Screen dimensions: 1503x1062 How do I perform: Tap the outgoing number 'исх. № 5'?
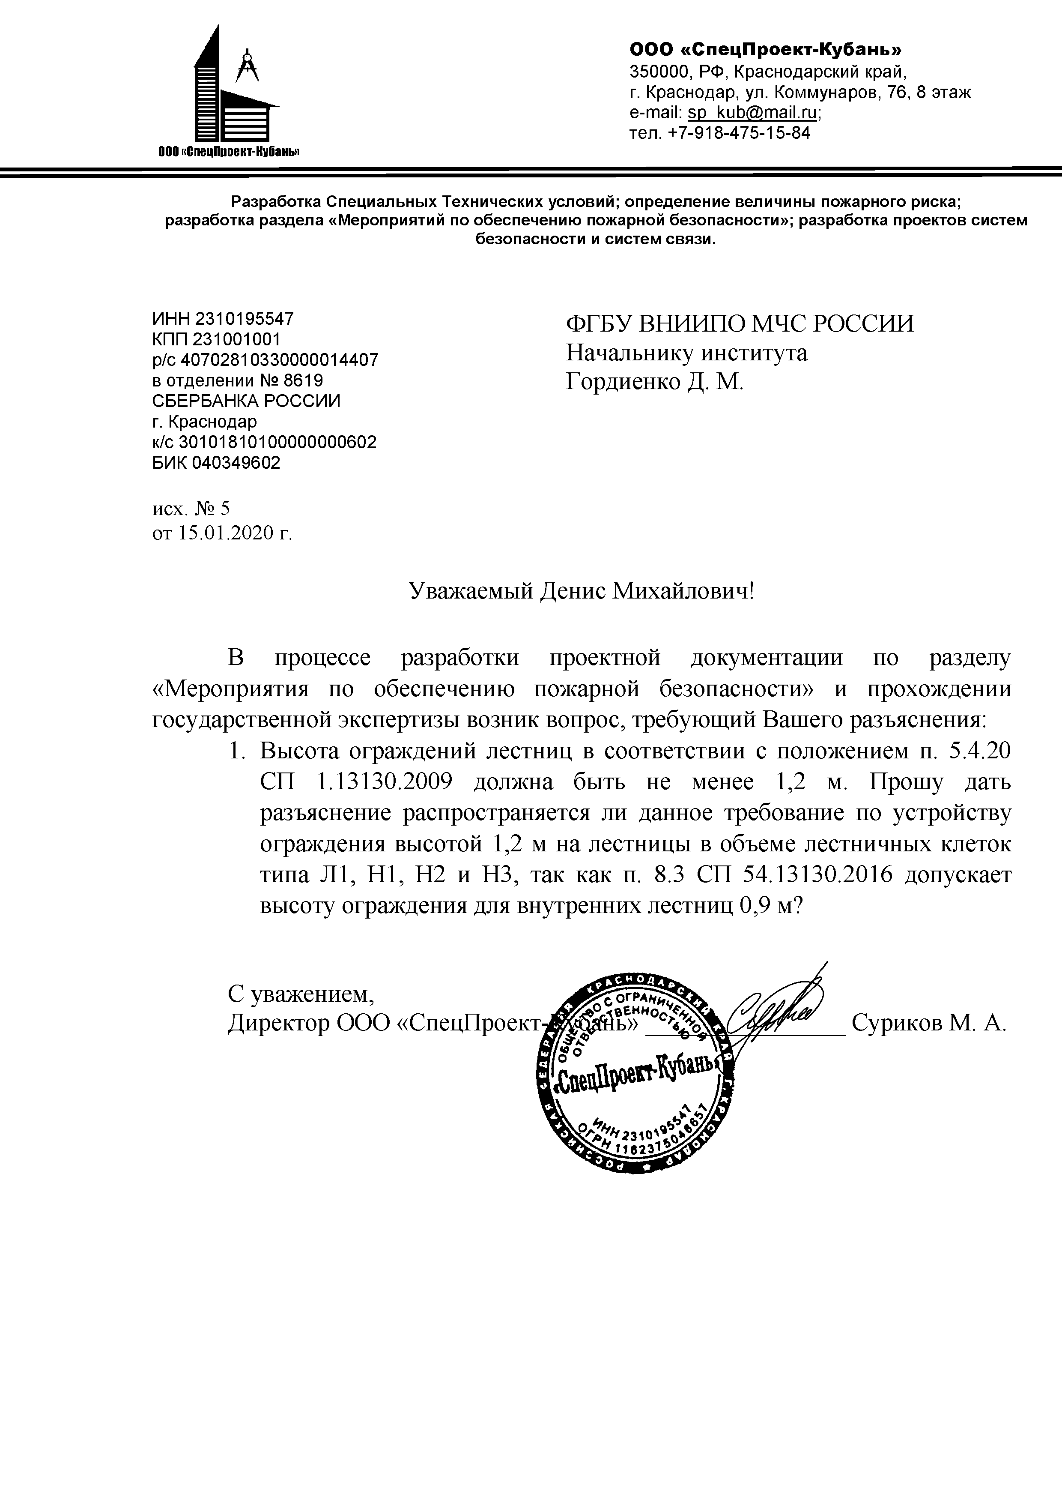pyautogui.click(x=191, y=508)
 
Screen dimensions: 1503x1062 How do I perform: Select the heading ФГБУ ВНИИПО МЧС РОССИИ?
pyautogui.click(x=740, y=324)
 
